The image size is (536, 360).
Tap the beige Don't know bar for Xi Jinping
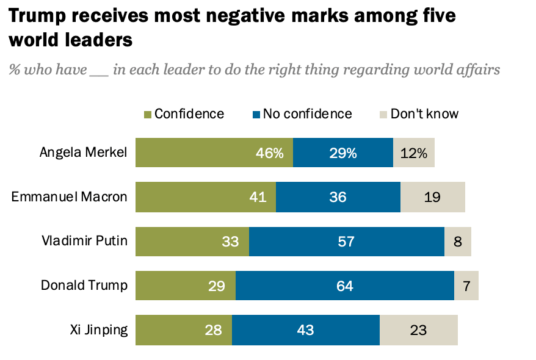click(418, 330)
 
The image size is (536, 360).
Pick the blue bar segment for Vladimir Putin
click(346, 241)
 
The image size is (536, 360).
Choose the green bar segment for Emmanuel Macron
click(205, 197)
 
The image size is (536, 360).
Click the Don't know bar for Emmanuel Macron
click(432, 197)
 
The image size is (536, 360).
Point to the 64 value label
click(344, 286)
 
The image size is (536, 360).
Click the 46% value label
click(270, 153)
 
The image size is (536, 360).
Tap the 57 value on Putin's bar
click(346, 241)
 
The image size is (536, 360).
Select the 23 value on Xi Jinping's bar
click(418, 330)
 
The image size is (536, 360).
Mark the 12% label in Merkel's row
click(413, 153)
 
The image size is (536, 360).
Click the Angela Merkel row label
click(83, 153)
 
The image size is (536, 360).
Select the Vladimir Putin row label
click(84, 240)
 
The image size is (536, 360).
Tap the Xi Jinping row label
click(99, 330)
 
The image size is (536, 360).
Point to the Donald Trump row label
click(84, 285)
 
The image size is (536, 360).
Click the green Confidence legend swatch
click(147, 114)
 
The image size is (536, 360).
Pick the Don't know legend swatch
click(383, 114)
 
